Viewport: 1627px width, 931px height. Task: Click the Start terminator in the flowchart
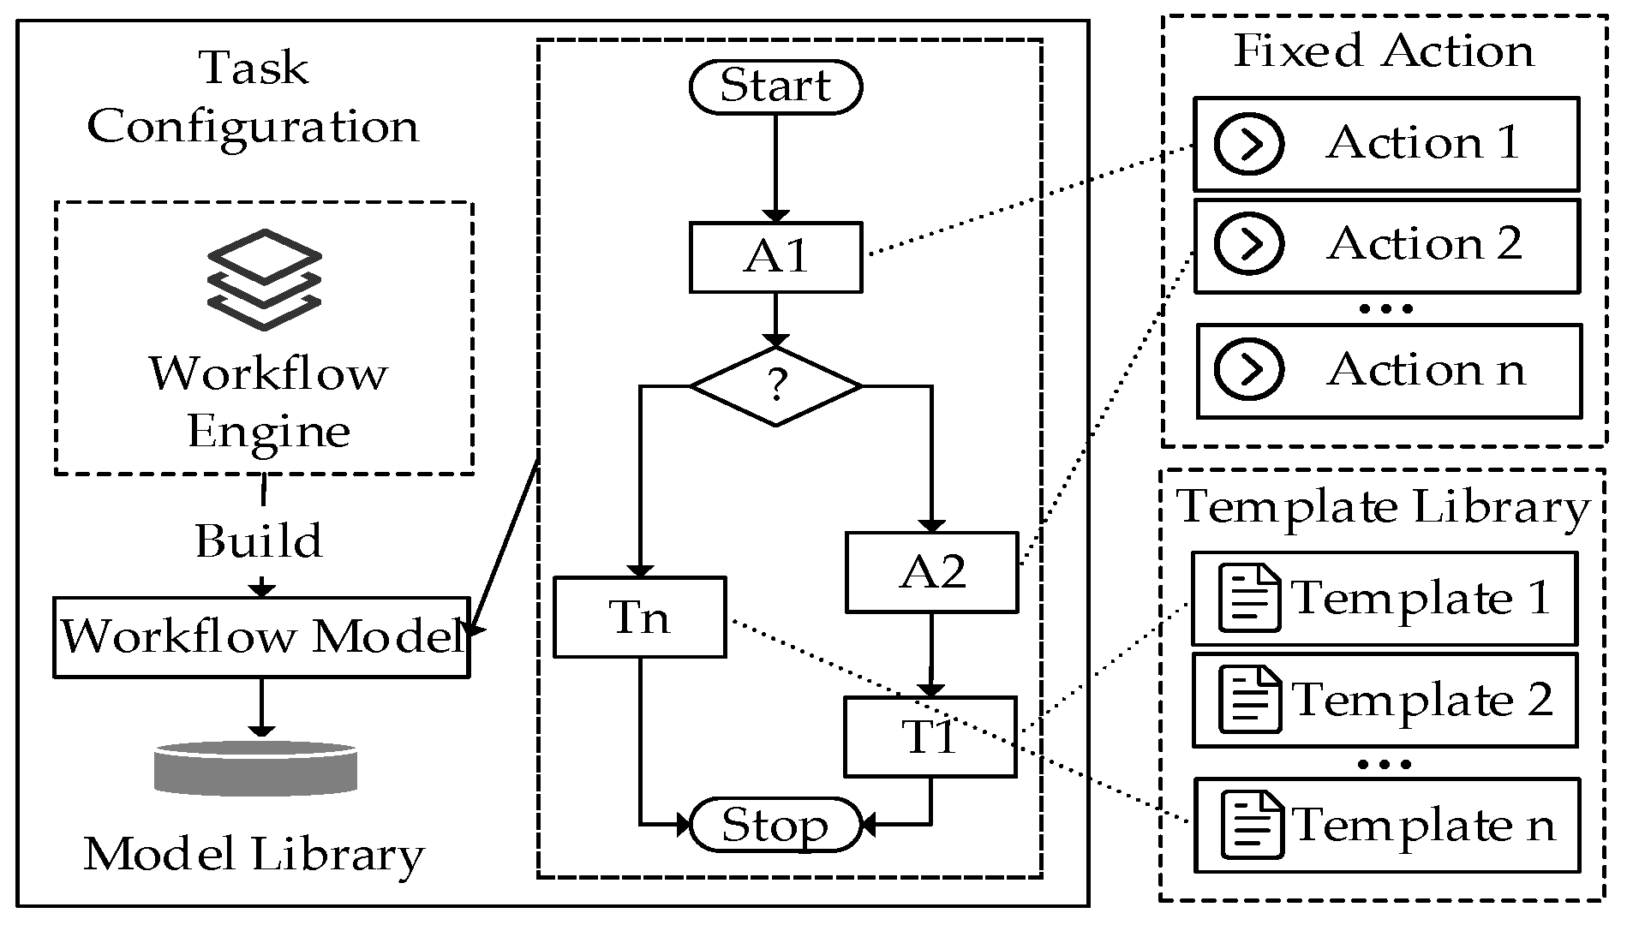pyautogui.click(x=775, y=87)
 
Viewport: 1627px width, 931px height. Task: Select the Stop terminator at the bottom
pyautogui.click(x=775, y=824)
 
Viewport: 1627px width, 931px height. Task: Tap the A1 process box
pyautogui.click(x=775, y=257)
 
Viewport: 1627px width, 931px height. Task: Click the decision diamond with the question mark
pyautogui.click(x=775, y=386)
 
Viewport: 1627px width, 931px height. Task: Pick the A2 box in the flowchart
pyautogui.click(x=931, y=572)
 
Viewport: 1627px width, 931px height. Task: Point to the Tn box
pyautogui.click(x=639, y=618)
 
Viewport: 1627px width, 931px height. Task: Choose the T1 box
pyautogui.click(x=930, y=737)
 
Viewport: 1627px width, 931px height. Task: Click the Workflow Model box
pyautogui.click(x=261, y=637)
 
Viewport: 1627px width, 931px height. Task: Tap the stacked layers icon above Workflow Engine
pyautogui.click(x=265, y=279)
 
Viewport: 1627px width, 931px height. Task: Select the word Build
pyautogui.click(x=259, y=541)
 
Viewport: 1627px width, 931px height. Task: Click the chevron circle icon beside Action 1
pyautogui.click(x=1249, y=143)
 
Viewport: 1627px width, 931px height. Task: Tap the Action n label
pyautogui.click(x=1426, y=370)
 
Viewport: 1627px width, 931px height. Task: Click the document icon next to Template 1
pyautogui.click(x=1249, y=598)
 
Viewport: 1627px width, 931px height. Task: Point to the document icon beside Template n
pyautogui.click(x=1252, y=825)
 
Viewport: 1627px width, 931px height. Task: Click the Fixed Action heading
pyautogui.click(x=1383, y=51)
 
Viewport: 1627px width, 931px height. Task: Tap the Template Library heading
pyautogui.click(x=1383, y=507)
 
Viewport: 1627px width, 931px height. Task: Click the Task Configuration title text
pyautogui.click(x=253, y=98)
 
